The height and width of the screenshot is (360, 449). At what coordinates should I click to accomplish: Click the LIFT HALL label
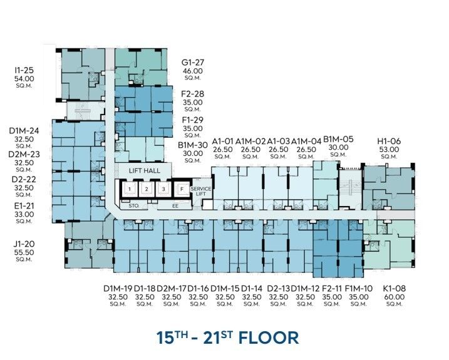144,171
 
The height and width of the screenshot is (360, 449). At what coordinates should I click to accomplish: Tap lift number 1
130,189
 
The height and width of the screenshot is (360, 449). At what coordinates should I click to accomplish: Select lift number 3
163,189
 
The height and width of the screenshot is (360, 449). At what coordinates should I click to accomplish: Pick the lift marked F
182,189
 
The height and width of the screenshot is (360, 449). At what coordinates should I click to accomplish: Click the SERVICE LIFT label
201,192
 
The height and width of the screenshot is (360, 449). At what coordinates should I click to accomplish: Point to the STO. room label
134,205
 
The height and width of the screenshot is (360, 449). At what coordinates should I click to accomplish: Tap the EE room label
175,206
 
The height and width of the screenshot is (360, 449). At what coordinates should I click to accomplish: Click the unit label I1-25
24,70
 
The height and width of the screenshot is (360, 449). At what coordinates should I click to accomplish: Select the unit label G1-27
193,63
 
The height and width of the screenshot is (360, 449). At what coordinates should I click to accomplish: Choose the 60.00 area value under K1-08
395,297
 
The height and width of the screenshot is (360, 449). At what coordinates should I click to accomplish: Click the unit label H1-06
389,141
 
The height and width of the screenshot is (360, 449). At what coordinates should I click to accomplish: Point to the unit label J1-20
24,244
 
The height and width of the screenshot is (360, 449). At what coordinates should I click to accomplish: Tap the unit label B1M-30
193,145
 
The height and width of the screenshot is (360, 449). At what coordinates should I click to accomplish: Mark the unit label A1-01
222,141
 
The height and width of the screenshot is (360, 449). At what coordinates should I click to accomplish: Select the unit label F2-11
332,289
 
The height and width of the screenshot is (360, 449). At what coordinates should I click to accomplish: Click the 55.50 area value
24,252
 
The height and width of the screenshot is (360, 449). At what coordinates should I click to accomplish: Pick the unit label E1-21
24,206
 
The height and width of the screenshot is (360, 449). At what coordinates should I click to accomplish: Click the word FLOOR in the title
269,337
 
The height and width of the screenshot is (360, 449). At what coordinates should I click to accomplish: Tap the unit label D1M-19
118,289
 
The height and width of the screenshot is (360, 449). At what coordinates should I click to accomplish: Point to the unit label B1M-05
338,139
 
